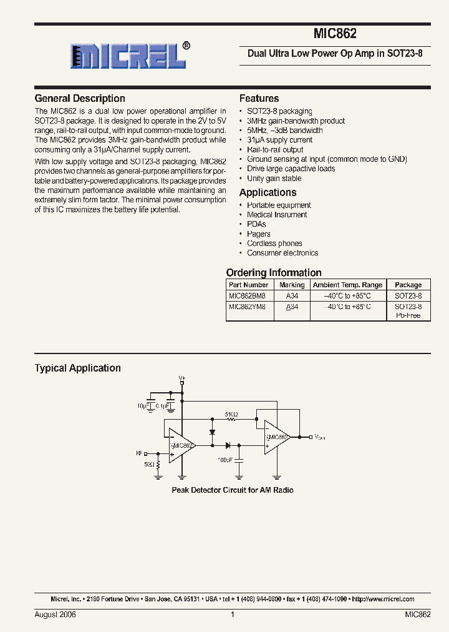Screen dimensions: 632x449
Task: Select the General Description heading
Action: [x=80, y=99]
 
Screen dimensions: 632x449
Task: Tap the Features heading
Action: [x=259, y=99]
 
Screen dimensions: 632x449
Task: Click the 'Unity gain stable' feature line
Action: [x=274, y=179]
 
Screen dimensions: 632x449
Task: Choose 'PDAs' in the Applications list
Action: [x=256, y=224]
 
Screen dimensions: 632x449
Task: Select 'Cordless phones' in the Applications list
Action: [x=274, y=244]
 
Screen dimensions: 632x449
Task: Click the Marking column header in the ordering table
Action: [x=292, y=285]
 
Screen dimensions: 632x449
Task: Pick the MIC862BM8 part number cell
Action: [x=248, y=295]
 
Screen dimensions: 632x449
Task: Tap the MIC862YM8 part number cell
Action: [x=248, y=307]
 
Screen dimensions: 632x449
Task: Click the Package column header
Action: [x=408, y=285]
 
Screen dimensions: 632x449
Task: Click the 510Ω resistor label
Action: [x=231, y=414]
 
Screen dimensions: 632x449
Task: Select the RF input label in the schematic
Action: [x=139, y=453]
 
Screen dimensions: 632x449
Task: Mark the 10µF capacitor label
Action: [x=145, y=406]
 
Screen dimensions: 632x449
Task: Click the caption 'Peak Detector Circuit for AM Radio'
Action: [x=232, y=490]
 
